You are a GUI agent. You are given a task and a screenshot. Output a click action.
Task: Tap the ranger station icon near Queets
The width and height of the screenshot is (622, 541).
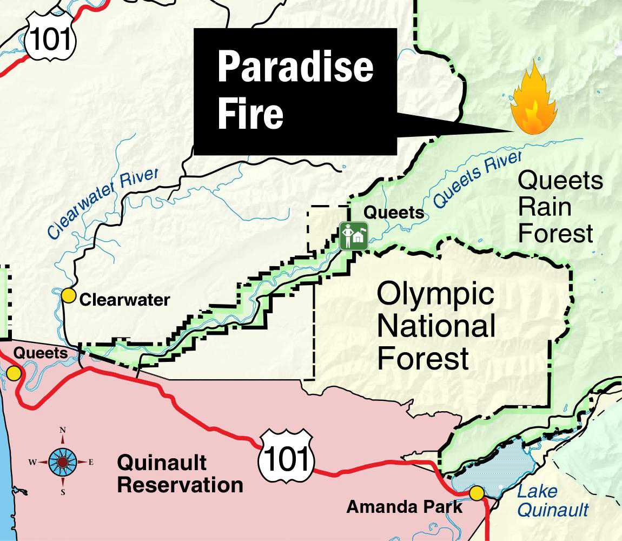click(354, 236)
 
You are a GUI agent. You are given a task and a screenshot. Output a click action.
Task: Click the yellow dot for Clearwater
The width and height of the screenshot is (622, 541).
click(68, 296)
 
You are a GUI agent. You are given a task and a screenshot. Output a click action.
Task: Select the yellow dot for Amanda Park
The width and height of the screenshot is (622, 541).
click(477, 493)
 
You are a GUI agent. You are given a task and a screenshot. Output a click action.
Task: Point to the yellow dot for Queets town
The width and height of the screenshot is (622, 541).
click(14, 373)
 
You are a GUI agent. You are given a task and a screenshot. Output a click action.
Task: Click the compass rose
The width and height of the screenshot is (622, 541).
click(62, 461)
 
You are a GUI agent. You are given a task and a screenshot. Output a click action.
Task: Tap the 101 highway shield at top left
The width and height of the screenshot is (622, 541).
click(50, 38)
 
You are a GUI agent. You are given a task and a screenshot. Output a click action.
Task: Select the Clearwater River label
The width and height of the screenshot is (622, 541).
click(103, 203)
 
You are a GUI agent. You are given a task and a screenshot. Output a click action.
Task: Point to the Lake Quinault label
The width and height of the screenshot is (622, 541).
click(552, 500)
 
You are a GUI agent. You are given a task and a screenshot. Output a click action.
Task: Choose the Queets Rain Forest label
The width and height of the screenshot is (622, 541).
click(560, 207)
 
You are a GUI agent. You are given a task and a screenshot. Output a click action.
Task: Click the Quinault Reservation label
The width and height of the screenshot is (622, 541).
click(180, 474)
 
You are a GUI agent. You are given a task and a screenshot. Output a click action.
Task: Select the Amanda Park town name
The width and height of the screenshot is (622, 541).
click(405, 507)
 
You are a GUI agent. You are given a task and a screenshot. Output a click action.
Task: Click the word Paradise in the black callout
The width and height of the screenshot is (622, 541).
click(295, 68)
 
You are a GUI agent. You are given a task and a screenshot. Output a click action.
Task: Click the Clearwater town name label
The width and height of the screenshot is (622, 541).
click(124, 300)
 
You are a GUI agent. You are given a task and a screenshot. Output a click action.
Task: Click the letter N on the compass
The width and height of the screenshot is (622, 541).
click(63, 430)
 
